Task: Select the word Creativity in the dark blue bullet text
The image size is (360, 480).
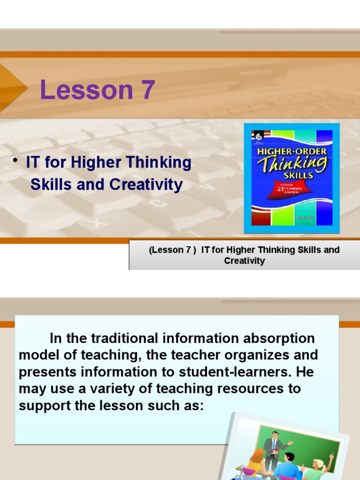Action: point(146,185)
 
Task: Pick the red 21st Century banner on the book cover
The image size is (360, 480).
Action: point(290,189)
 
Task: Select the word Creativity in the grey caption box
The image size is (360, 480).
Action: point(244,261)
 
